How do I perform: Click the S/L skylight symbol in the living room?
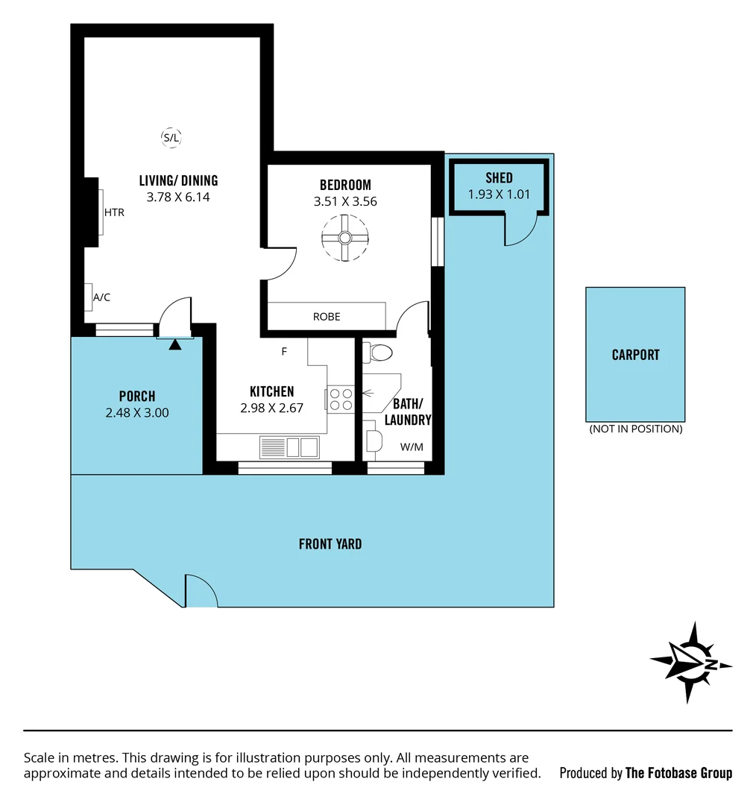171,137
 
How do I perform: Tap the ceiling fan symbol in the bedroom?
345,238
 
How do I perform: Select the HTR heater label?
114,212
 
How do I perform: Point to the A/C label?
101,297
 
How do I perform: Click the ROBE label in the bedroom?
327,317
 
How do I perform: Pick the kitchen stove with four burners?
341,400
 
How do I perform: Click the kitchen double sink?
289,447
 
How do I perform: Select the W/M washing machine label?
412,447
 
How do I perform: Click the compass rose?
691,663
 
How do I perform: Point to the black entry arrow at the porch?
175,344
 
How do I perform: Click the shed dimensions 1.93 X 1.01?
499,194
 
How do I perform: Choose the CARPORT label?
635,355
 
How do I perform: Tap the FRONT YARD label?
330,544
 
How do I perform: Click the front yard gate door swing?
200,590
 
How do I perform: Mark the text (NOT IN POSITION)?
635,429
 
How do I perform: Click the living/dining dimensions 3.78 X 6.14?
178,197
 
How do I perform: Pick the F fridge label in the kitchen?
284,352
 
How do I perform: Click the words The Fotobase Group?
678,773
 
